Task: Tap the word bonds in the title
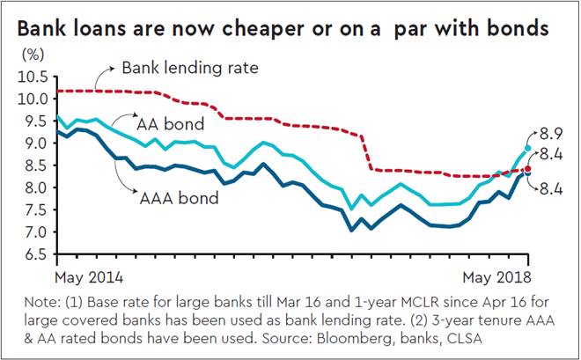519,30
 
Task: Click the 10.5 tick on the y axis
33,77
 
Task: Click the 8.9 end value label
552,132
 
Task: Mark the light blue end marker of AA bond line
528,149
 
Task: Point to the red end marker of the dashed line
528,168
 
